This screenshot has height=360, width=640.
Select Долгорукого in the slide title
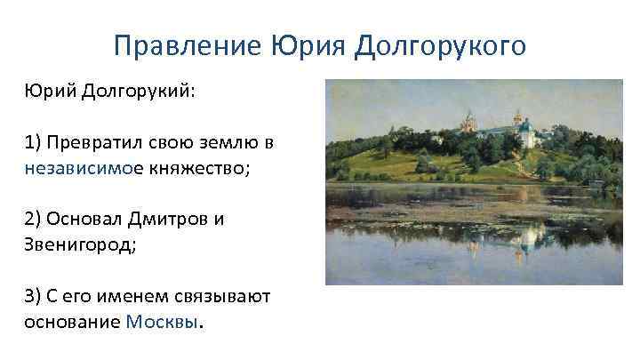point(441,45)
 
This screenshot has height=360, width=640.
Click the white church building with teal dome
point(527,134)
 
